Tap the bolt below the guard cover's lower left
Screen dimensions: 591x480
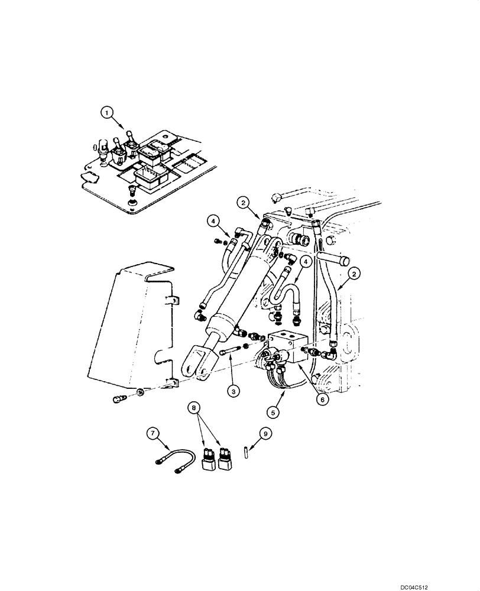[x=118, y=400]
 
